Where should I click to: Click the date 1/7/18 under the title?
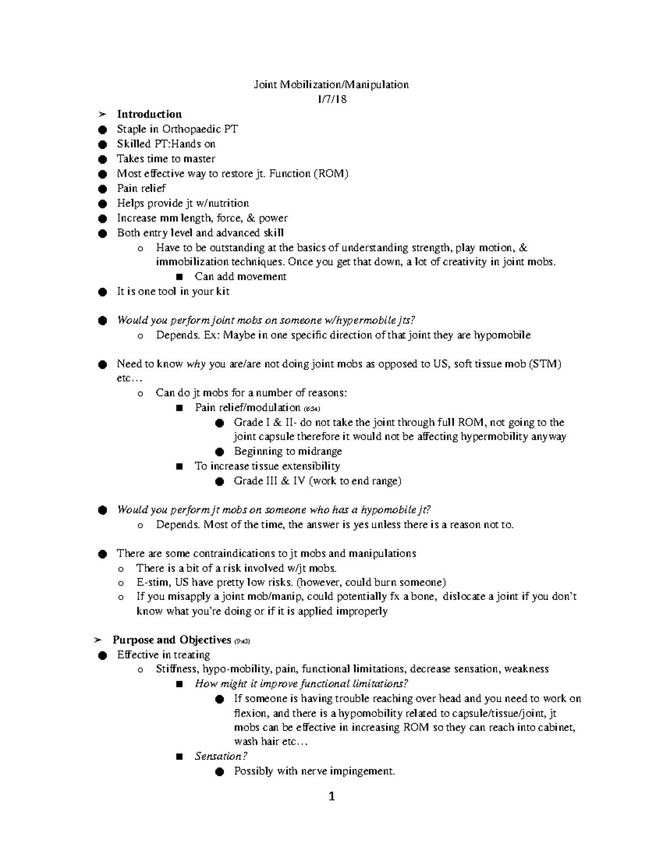coord(331,99)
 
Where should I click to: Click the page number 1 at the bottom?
coord(331,797)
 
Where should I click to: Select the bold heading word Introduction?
coord(149,114)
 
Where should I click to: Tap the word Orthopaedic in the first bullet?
coord(191,129)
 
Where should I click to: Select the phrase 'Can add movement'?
coord(240,277)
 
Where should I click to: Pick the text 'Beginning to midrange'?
coord(288,451)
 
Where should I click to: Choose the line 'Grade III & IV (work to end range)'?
coord(318,481)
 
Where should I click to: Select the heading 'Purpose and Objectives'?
coord(172,640)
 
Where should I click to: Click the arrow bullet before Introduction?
coord(101,115)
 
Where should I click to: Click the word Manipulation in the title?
coord(376,85)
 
